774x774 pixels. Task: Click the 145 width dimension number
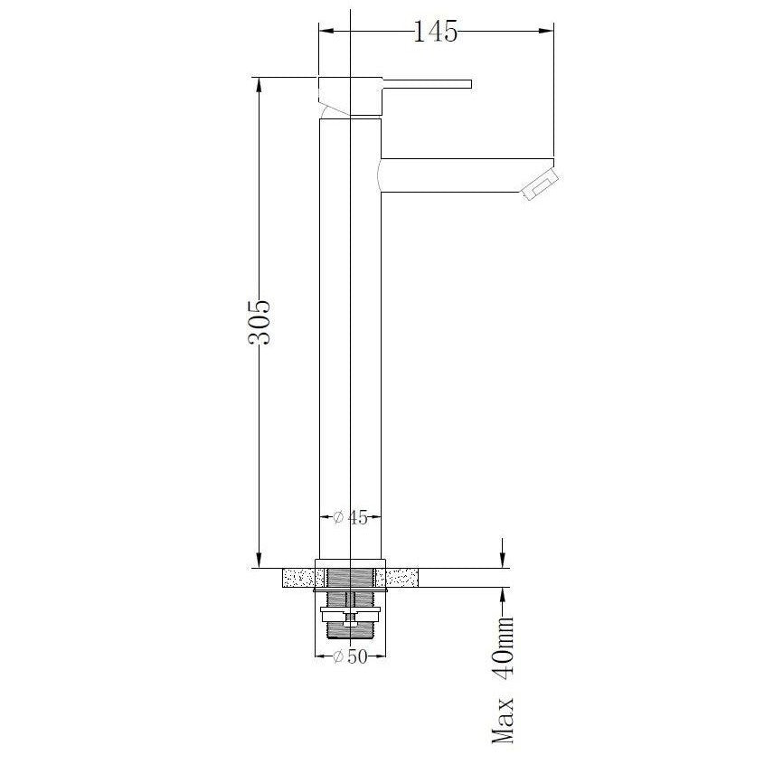pyautogui.click(x=435, y=32)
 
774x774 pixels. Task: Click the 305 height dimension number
pyautogui.click(x=260, y=322)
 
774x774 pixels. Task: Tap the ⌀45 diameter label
pyautogui.click(x=350, y=517)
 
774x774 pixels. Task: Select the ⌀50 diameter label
pyautogui.click(x=350, y=656)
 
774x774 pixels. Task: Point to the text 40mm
pyautogui.click(x=503, y=646)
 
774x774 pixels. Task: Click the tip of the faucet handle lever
pyautogui.click(x=471, y=84)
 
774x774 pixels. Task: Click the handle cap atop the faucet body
pyautogui.click(x=350, y=96)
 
